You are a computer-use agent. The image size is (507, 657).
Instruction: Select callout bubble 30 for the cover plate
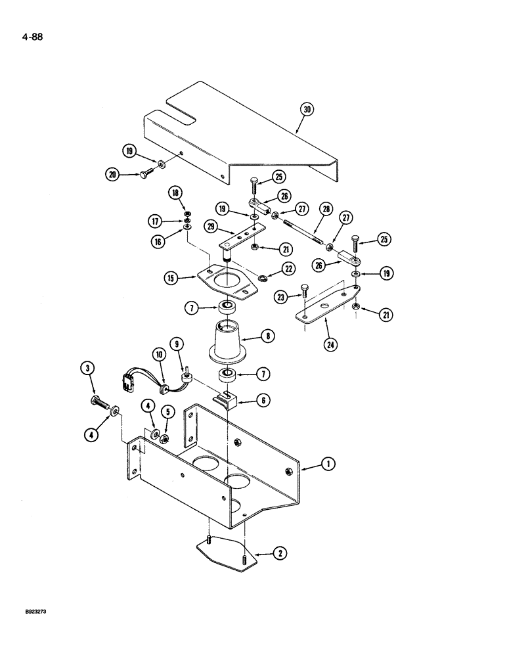[306, 109]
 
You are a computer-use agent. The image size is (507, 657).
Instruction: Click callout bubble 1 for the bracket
[327, 465]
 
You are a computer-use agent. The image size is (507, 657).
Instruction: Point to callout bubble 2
[280, 555]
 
